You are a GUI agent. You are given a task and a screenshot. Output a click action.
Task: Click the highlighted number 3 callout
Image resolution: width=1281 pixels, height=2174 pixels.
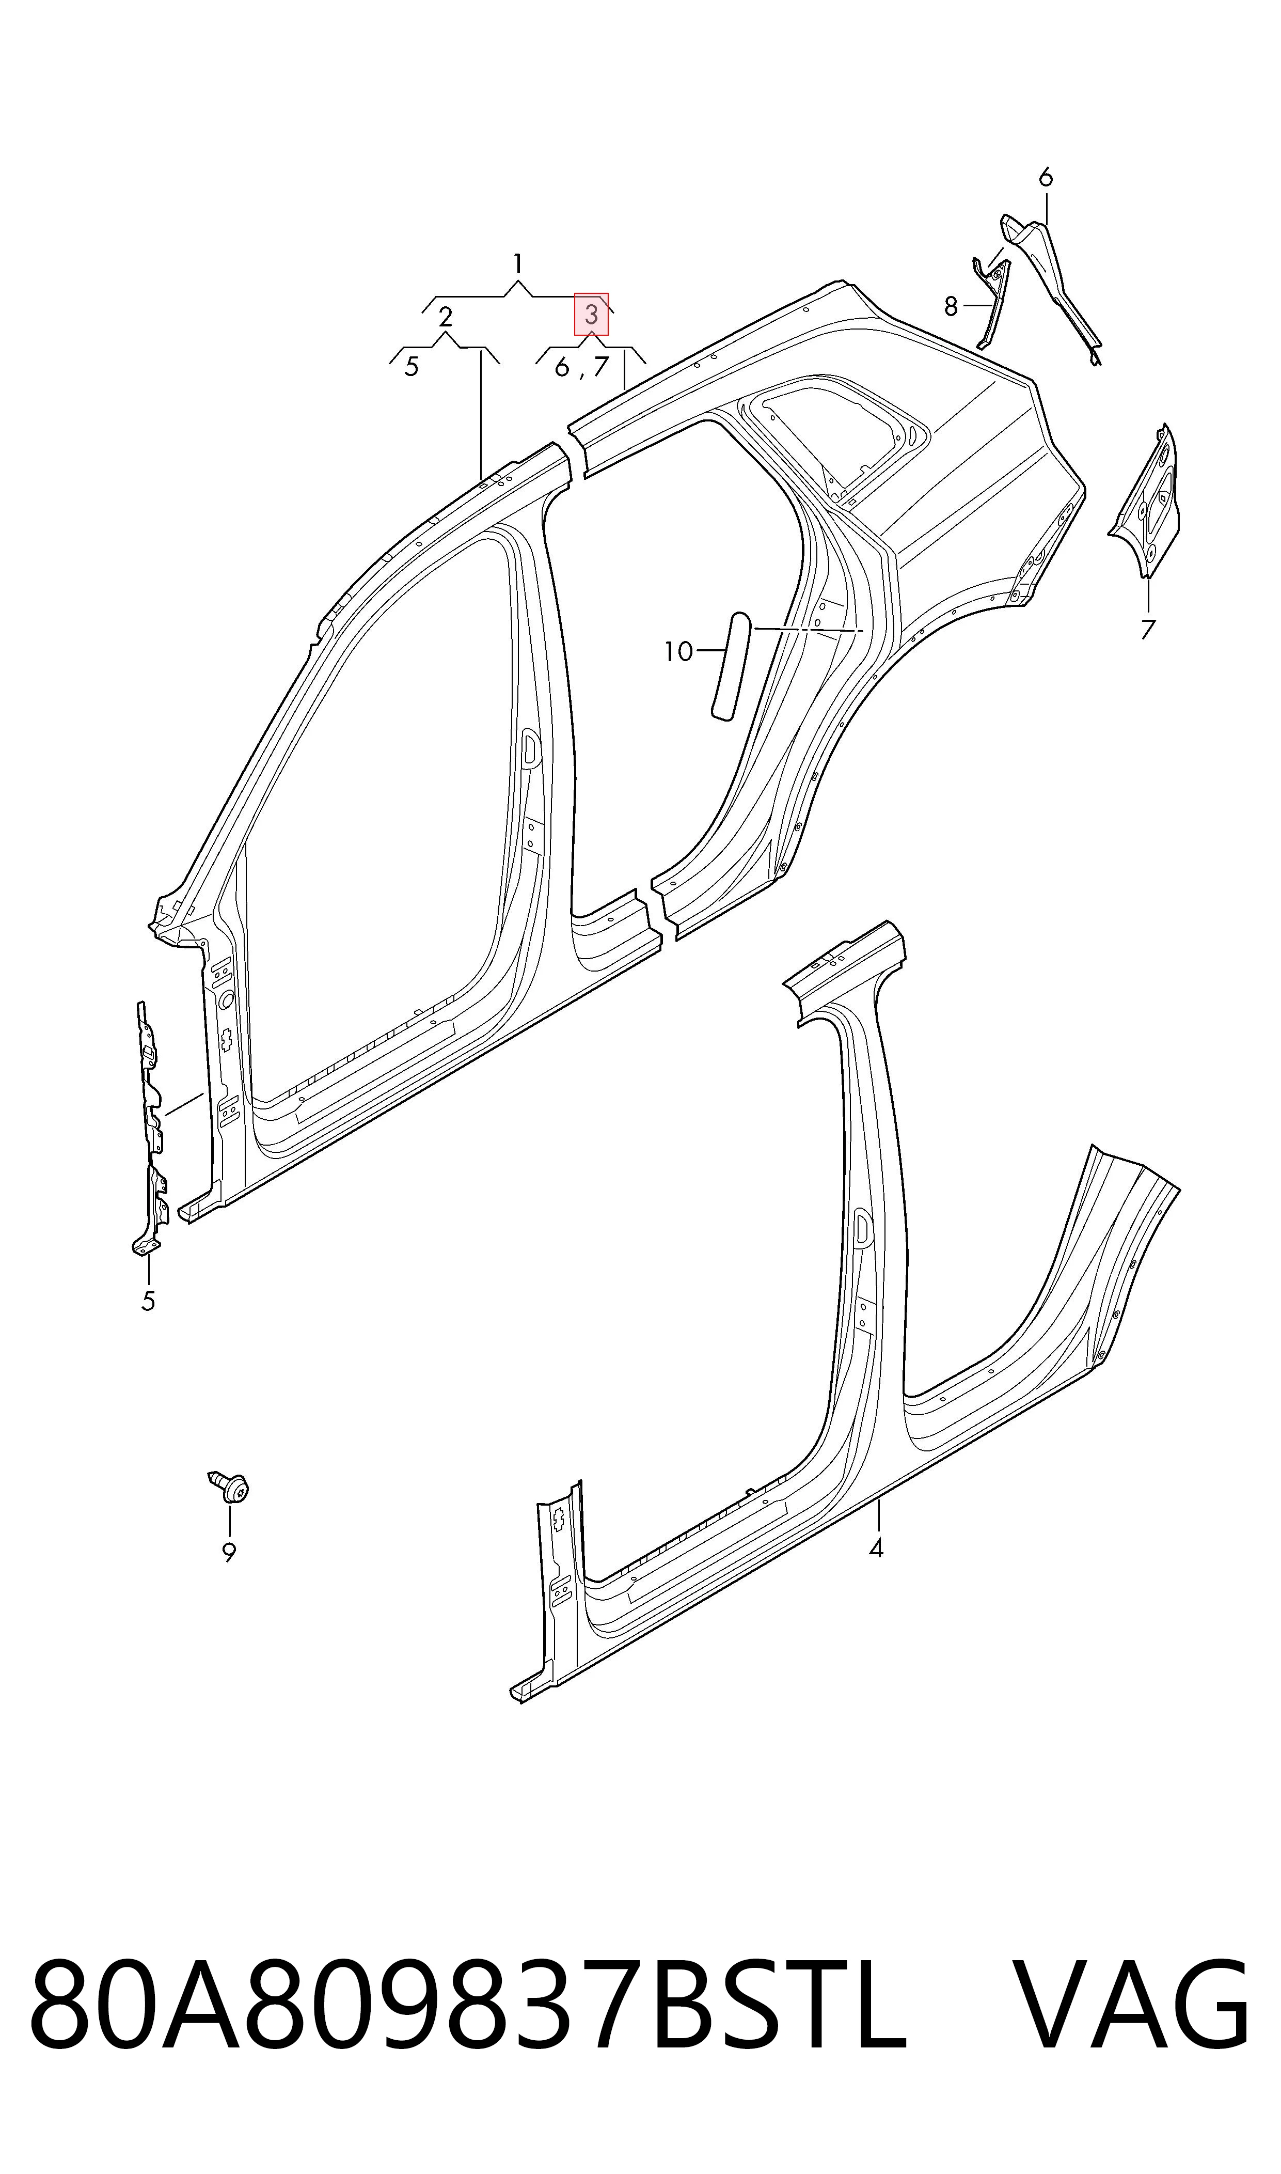pos(591,314)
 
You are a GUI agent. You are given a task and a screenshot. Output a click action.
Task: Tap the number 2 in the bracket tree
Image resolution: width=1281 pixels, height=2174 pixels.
pos(446,317)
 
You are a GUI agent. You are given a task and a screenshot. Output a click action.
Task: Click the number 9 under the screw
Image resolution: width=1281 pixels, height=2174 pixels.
pos(229,1552)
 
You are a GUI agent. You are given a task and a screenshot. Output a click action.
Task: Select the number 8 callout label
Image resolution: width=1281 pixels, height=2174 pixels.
pos(951,306)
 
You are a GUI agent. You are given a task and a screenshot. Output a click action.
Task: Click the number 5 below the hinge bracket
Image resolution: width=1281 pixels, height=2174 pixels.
pos(149,1301)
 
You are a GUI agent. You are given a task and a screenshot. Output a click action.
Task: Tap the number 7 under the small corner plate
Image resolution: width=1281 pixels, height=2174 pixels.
pos(1147,630)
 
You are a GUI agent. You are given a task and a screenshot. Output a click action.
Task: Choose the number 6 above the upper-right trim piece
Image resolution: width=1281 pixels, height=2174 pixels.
pos(1046,178)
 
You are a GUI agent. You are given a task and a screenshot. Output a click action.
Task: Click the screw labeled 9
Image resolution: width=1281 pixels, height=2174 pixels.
pos(230,1485)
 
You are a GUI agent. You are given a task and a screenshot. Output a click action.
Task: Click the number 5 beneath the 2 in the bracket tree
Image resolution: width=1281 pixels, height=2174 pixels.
pos(412,367)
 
